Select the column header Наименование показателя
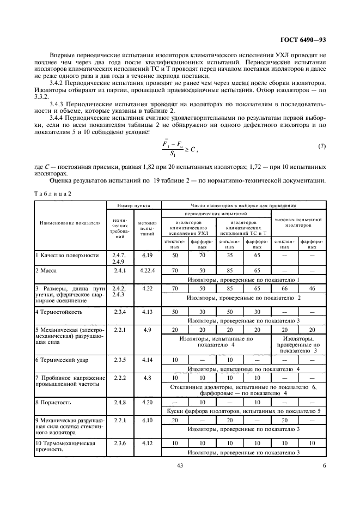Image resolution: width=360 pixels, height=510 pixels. click(69, 222)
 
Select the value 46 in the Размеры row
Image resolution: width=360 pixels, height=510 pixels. click(312, 288)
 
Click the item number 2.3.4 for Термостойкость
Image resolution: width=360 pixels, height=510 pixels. click(119, 312)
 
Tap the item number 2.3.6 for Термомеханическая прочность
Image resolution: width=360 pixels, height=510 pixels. click(119, 444)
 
